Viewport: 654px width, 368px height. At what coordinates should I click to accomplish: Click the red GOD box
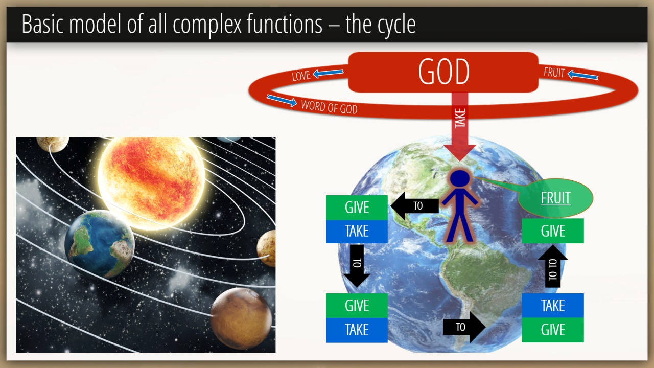point(443,72)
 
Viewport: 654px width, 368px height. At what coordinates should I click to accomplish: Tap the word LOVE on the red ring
point(301,76)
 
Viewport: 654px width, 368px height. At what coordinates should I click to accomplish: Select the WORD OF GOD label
point(329,107)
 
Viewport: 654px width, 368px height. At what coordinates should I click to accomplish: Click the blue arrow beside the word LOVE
point(328,73)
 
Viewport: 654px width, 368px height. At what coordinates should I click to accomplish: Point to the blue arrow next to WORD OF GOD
point(282,100)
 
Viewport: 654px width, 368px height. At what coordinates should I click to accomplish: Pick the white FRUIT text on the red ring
point(554,73)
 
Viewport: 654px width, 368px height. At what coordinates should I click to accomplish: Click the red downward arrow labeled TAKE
point(460,126)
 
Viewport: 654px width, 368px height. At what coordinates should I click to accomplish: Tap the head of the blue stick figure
point(460,178)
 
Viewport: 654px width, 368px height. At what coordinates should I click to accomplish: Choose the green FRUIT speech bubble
point(555,198)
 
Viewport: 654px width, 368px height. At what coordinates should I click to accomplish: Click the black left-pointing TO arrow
point(414,206)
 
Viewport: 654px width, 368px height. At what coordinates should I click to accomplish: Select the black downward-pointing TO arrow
point(357,266)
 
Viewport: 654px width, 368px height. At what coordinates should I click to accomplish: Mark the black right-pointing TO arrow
point(464,327)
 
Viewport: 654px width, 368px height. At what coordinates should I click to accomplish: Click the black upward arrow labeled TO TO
point(553,266)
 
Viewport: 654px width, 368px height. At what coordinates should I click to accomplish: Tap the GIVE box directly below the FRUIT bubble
point(553,231)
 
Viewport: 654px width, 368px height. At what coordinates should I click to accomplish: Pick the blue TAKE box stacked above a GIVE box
point(553,306)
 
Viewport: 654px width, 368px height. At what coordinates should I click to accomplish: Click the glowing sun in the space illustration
point(151,182)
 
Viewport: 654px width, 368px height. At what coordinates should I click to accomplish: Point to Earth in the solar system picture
point(99,243)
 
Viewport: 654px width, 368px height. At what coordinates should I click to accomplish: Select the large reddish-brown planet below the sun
point(241,318)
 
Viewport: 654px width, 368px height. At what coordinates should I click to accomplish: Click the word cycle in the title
point(396,25)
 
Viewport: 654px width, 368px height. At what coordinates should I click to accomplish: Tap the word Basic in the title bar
point(42,24)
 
